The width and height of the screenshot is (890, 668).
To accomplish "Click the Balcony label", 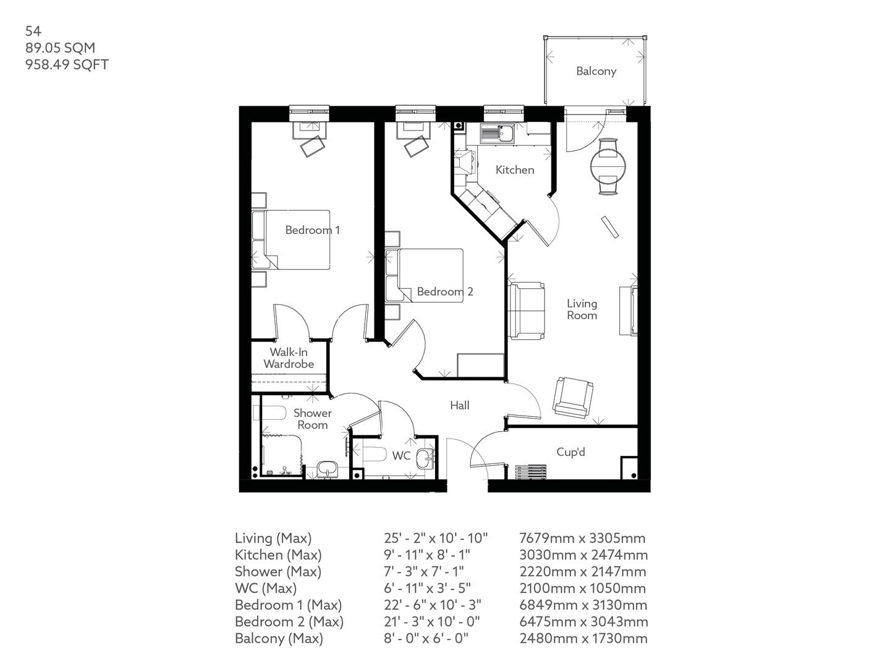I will point(596,71).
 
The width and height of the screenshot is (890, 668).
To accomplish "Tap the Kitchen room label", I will point(515,169).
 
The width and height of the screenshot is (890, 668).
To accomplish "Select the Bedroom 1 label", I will point(312,230).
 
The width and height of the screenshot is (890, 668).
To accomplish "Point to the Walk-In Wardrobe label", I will point(289,358).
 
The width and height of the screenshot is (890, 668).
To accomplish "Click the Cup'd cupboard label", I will point(570,452).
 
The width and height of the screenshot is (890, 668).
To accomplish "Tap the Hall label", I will point(459,406).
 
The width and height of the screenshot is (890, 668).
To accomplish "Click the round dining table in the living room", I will point(608,166).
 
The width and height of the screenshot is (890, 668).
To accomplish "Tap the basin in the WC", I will point(424,460).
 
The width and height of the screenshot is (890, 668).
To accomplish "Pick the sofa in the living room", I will point(527,309).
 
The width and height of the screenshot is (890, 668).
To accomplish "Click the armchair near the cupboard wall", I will point(573,397).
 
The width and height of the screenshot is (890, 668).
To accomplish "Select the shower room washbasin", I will point(326,469).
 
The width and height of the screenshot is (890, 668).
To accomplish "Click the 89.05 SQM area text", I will point(60,48).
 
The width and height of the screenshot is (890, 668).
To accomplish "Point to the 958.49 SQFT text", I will point(67,64).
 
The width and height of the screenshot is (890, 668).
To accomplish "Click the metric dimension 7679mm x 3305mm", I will point(582,538).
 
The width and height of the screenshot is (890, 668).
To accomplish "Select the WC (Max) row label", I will point(265,588).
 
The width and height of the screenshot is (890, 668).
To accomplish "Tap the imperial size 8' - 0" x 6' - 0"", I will point(426,638).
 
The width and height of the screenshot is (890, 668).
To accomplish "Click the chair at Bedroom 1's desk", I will point(313,147).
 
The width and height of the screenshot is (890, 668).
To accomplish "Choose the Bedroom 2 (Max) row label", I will point(289,622).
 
